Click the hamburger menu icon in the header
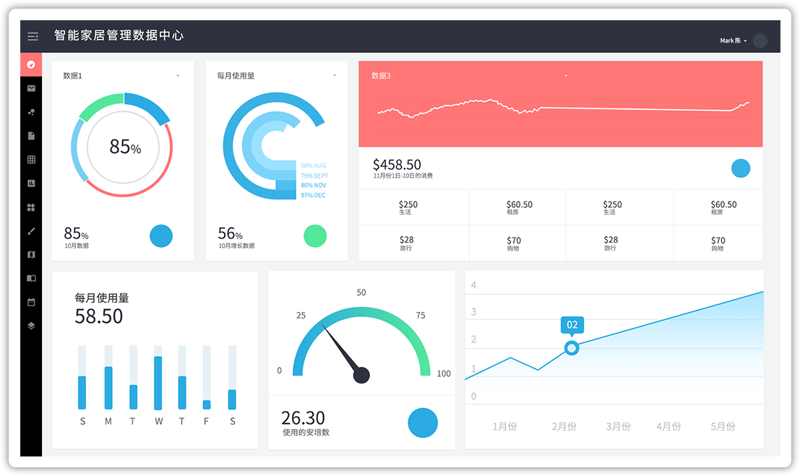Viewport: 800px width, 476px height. click(33, 36)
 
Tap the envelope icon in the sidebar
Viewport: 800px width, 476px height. click(31, 88)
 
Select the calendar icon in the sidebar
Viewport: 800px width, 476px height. click(31, 302)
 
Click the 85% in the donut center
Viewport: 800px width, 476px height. click(125, 147)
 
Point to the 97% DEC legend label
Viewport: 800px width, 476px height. click(313, 195)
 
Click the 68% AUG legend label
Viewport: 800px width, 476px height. click(313, 165)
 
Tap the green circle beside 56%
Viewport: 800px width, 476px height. click(315, 235)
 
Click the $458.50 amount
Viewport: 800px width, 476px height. click(397, 165)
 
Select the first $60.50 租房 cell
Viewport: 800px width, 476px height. click(519, 207)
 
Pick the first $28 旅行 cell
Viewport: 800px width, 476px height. click(407, 243)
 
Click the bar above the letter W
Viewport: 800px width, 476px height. click(158, 383)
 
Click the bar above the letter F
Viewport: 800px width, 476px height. click(207, 404)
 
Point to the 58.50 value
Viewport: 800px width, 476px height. click(99, 316)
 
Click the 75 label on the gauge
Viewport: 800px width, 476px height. click(421, 316)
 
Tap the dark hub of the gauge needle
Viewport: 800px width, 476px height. click(361, 375)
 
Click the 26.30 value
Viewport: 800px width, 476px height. click(303, 417)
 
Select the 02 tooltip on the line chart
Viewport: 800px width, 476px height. click(572, 324)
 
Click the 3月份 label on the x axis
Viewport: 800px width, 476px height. click(619, 426)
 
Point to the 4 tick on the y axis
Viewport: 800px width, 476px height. click(473, 285)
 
